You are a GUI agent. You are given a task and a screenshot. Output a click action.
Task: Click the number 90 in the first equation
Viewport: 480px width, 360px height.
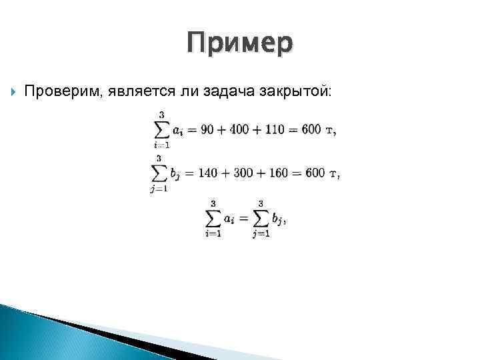pyautogui.click(x=207, y=129)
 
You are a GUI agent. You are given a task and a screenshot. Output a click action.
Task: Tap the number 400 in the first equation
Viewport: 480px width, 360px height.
pyautogui.click(x=239, y=129)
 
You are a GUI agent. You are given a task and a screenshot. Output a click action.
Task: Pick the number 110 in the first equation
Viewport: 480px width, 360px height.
pyautogui.click(x=274, y=129)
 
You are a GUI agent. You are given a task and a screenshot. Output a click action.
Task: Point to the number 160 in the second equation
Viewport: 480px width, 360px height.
pyautogui.click(x=279, y=173)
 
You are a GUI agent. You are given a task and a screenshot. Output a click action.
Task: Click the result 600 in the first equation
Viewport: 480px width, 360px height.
pyautogui.click(x=311, y=129)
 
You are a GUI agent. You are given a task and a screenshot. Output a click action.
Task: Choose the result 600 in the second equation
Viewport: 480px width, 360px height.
pyautogui.click(x=315, y=173)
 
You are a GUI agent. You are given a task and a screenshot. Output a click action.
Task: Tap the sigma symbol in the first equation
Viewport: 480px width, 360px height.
pyautogui.click(x=162, y=129)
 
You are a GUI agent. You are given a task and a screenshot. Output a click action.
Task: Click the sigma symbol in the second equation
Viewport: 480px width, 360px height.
pyautogui.click(x=159, y=173)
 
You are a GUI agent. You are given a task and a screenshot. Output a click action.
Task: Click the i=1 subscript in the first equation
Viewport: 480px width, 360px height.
pyautogui.click(x=162, y=145)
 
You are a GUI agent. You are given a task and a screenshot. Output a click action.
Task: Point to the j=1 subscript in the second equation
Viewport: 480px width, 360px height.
pyautogui.click(x=159, y=189)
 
